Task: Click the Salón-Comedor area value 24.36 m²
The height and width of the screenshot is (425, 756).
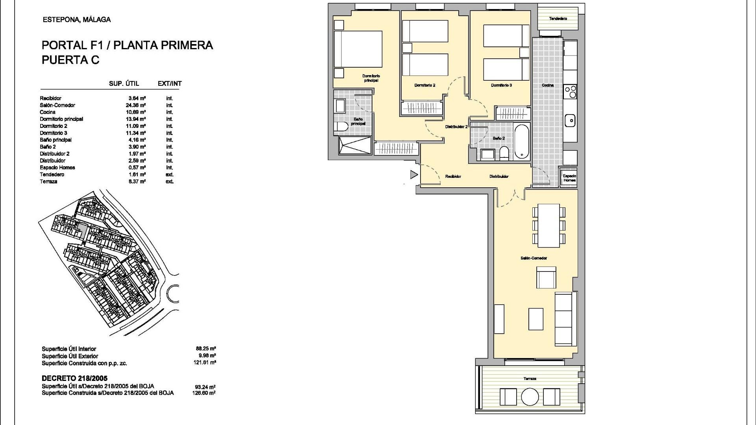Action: (x=137, y=105)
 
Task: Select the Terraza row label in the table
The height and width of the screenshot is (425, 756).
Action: (x=48, y=181)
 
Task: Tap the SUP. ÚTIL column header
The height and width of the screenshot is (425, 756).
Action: (x=124, y=83)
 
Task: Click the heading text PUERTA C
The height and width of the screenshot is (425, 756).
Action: (x=70, y=60)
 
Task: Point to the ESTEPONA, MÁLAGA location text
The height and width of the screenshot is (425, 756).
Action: (x=76, y=20)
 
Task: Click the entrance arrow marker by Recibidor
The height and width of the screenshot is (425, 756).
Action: (x=413, y=174)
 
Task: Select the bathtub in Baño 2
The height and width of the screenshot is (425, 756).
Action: (x=522, y=142)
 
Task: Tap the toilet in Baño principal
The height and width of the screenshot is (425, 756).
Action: (x=341, y=127)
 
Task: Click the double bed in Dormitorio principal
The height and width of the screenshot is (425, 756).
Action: (x=358, y=49)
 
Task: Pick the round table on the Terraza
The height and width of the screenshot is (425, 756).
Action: (x=530, y=397)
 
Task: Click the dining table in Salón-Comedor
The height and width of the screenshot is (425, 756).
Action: (x=548, y=225)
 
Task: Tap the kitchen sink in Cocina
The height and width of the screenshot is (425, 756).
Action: (x=570, y=120)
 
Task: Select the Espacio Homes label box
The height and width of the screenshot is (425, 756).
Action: (x=569, y=178)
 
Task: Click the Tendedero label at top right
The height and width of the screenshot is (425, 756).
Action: (x=558, y=18)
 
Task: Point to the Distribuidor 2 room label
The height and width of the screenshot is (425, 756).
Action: (x=456, y=127)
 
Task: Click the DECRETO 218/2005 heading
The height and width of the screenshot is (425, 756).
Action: (x=74, y=379)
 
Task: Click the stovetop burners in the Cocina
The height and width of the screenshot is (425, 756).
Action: (x=570, y=92)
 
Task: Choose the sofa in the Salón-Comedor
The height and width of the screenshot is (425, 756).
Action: (x=565, y=319)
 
